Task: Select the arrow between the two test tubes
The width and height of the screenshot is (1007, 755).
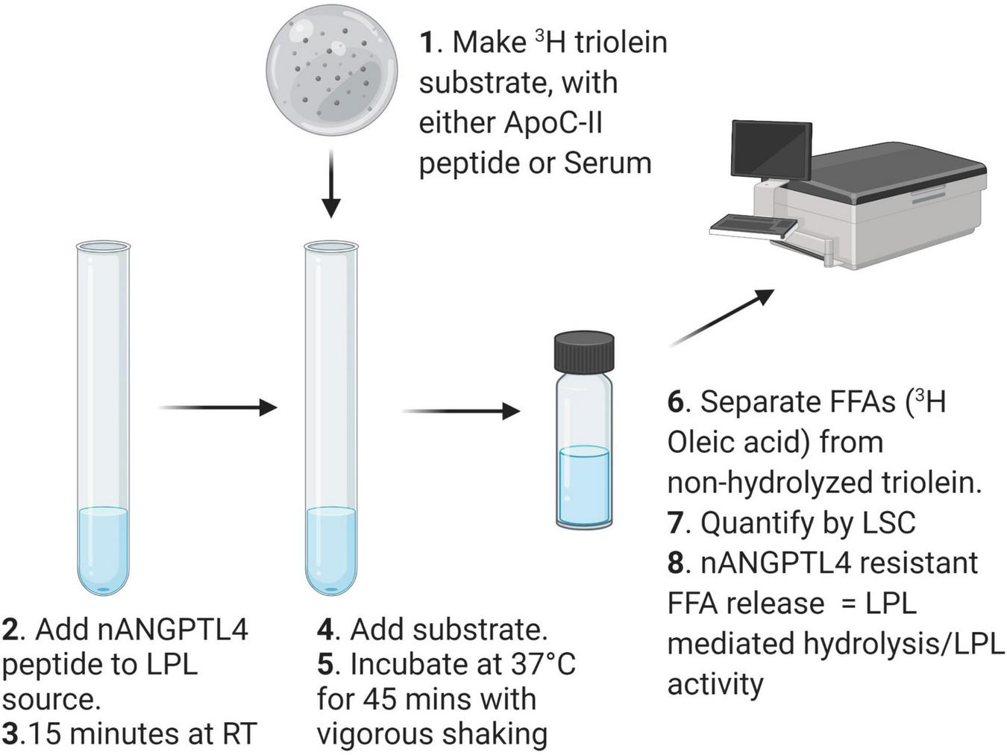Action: point(218,407)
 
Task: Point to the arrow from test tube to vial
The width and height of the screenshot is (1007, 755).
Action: point(460,410)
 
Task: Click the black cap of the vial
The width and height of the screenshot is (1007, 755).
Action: point(584,351)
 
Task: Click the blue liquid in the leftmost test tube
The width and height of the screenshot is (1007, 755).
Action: point(103,548)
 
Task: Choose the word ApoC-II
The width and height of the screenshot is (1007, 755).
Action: point(553,122)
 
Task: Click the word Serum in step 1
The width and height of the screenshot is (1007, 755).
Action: point(607,162)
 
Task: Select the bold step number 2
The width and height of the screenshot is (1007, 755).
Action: point(10,630)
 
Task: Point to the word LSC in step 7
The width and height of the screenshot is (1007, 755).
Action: point(888,522)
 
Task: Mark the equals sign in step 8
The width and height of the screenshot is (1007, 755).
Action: point(847,603)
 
